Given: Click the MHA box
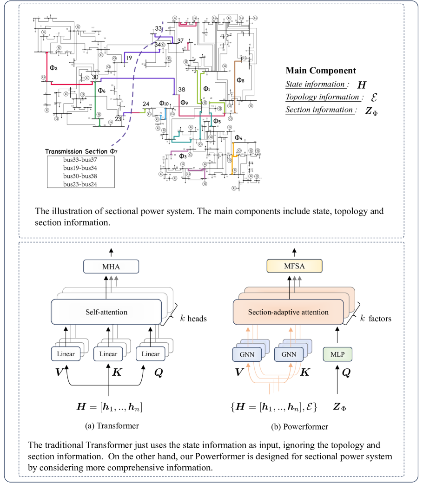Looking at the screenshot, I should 111,267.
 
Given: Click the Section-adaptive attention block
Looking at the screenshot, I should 288,312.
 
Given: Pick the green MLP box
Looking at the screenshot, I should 337,354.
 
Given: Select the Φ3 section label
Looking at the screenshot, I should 183,157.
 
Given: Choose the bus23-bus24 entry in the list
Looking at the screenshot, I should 74,184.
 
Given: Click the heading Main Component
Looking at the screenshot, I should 320,71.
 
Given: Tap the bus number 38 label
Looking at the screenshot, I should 181,89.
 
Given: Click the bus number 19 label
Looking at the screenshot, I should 129,58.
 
